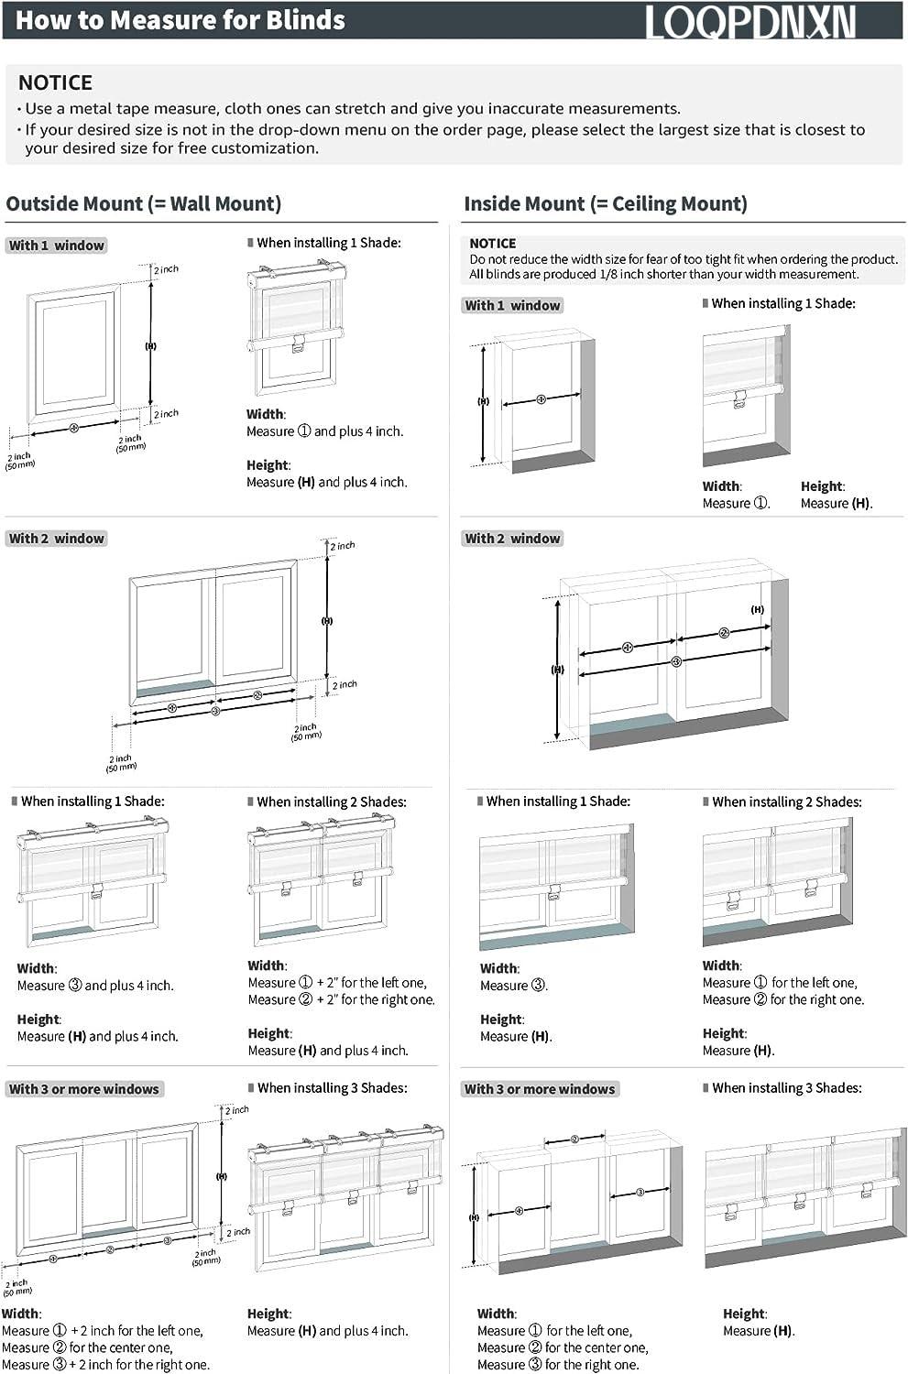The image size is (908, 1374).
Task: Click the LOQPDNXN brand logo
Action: click(x=750, y=21)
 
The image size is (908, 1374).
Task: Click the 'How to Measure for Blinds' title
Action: click(x=181, y=20)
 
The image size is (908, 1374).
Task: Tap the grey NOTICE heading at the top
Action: click(x=55, y=82)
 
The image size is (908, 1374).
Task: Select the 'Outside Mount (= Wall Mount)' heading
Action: click(x=144, y=203)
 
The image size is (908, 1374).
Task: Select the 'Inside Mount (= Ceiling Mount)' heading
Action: click(x=606, y=203)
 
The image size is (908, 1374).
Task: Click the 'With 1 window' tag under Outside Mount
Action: click(x=57, y=245)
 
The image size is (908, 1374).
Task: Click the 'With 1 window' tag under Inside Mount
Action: click(x=512, y=305)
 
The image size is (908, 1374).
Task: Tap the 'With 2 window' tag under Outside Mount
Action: click(x=57, y=539)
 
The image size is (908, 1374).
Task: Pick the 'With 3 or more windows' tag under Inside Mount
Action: click(x=540, y=1089)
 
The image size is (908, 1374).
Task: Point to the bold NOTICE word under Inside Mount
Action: click(x=492, y=244)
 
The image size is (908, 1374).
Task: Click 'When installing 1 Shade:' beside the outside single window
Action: click(x=328, y=243)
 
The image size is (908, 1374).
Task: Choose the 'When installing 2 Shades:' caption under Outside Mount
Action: click(x=331, y=801)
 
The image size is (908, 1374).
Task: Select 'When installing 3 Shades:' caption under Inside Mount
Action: click(x=786, y=1088)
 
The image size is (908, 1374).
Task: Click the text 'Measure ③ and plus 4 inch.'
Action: click(x=95, y=986)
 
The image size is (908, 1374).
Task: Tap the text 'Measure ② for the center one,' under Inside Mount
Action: click(x=563, y=1347)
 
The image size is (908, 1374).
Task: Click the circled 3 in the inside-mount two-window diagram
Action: click(x=676, y=661)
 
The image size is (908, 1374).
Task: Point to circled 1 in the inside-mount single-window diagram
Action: click(x=541, y=399)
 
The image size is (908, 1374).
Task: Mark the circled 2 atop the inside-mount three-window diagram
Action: click(x=574, y=1140)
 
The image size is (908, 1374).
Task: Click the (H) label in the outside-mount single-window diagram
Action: click(x=150, y=346)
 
